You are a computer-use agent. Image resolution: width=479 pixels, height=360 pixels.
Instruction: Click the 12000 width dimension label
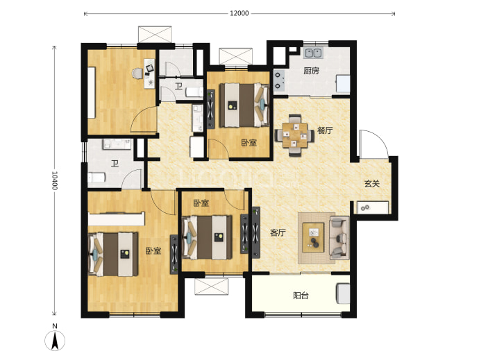coord(239,13)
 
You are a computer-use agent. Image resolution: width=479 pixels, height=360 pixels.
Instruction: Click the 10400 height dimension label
coord(54,180)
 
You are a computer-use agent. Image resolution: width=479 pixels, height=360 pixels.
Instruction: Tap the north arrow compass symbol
coord(55,340)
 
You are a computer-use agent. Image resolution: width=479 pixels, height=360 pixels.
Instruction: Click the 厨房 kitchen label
coord(311,71)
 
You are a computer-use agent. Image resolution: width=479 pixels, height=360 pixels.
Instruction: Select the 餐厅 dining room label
coord(325,130)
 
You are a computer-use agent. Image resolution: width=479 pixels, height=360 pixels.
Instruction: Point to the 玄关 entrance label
coord(372,184)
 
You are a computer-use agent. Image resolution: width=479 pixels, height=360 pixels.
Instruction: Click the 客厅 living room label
coord(278,232)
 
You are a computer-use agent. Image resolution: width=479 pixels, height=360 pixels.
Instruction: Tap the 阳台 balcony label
coord(301,295)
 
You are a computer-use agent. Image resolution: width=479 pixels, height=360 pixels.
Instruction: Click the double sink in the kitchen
coord(313,53)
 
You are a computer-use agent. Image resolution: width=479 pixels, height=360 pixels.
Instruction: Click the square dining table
coord(294,135)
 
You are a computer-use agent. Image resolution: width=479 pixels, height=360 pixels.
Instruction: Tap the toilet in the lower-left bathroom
coord(96,178)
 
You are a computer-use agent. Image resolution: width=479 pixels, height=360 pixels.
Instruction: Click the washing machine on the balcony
coord(343,293)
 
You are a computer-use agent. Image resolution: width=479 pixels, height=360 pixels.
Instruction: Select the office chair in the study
coord(137,74)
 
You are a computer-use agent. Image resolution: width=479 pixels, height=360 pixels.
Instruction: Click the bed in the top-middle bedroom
coord(244,105)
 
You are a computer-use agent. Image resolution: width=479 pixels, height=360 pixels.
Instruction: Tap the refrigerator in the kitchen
coord(343,84)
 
